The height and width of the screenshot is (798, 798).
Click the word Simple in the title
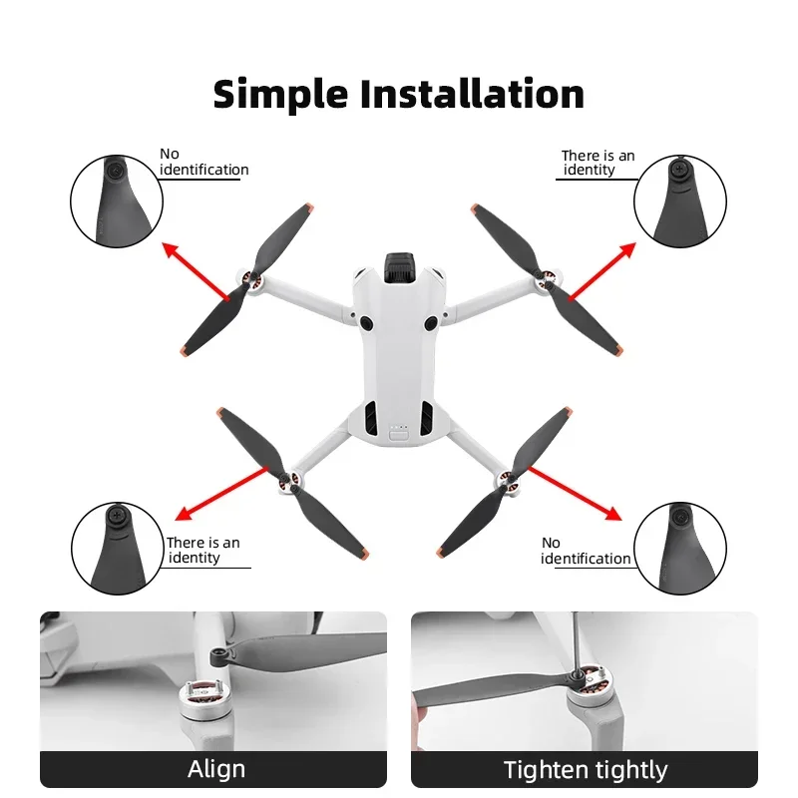pos(280,94)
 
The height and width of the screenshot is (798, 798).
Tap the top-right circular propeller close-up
pos(681,200)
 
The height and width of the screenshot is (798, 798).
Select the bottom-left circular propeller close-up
pos(116,547)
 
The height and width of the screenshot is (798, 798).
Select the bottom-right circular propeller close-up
pos(681,547)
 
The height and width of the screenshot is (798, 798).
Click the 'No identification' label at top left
pos(203,162)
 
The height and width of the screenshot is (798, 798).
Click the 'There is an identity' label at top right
pos(597,163)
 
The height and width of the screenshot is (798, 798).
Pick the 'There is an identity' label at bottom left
pos(202,550)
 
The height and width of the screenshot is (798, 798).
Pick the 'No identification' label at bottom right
pos(586,551)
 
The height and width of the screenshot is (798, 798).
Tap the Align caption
pos(216,769)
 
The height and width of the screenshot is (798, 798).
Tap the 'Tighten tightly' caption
pos(585,769)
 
